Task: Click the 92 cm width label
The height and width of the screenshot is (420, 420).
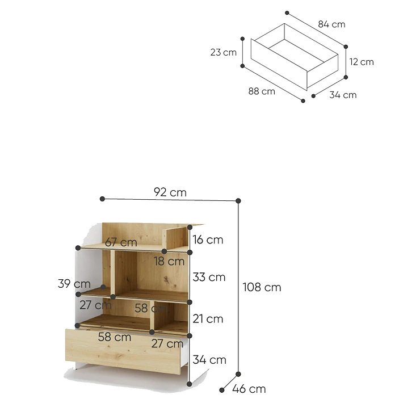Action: click(170, 192)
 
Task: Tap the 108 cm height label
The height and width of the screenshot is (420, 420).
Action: click(262, 287)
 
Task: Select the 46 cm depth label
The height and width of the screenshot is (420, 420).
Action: click(249, 389)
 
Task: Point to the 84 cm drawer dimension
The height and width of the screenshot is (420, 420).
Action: click(331, 24)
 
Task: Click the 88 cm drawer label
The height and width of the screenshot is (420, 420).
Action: click(262, 91)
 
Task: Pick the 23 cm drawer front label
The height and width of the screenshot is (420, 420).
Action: click(224, 52)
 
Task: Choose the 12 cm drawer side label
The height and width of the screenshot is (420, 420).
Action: click(362, 62)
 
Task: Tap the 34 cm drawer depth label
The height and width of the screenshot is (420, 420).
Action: click(343, 95)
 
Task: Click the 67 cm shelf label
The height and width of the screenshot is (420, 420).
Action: click(121, 242)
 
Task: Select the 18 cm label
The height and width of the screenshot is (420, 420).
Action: click(169, 262)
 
